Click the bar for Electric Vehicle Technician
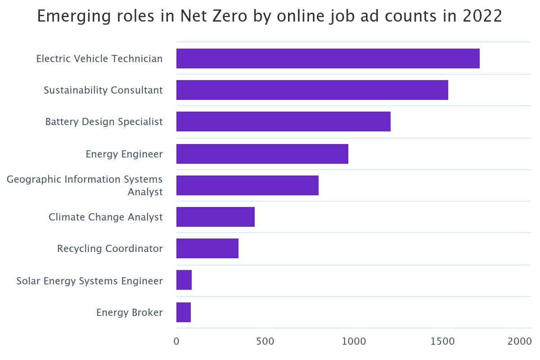[x=328, y=58]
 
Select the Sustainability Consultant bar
[x=312, y=90]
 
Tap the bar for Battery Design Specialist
[x=283, y=121]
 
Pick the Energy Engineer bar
[x=262, y=154]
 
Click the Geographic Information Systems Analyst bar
[x=247, y=185]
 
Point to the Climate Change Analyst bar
[x=215, y=217]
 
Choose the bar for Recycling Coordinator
[x=207, y=248]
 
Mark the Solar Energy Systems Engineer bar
[x=184, y=280]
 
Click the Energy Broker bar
[x=183, y=312]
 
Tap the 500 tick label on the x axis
[x=265, y=341]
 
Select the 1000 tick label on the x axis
[x=354, y=341]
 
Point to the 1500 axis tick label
[x=442, y=341]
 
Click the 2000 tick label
[x=520, y=341]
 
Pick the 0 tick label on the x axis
[x=176, y=341]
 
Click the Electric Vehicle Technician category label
[x=99, y=58]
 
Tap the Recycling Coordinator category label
[x=110, y=248]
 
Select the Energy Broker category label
[x=130, y=312]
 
